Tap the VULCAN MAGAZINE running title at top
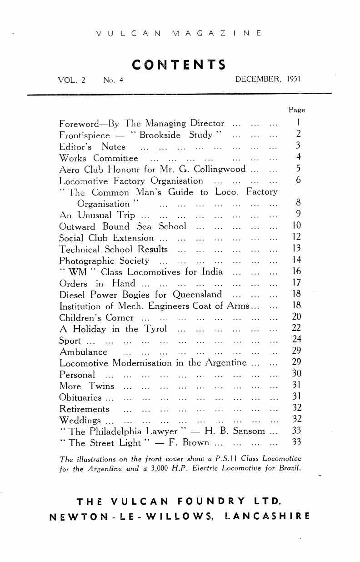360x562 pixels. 179,33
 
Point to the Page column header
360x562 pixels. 297,110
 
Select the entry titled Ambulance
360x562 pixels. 83,351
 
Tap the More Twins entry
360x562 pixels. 87,386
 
